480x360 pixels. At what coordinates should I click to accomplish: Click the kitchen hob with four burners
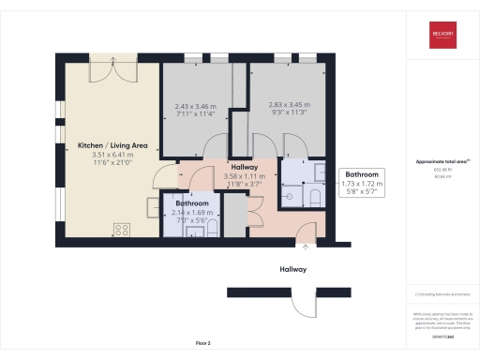122,228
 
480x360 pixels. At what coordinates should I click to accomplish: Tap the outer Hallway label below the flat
293,269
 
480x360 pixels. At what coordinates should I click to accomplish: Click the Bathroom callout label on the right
362,175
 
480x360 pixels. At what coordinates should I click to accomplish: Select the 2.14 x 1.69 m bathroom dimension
193,213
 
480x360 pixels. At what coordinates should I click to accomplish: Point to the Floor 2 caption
203,344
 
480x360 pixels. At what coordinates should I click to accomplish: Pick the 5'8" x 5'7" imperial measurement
361,193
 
